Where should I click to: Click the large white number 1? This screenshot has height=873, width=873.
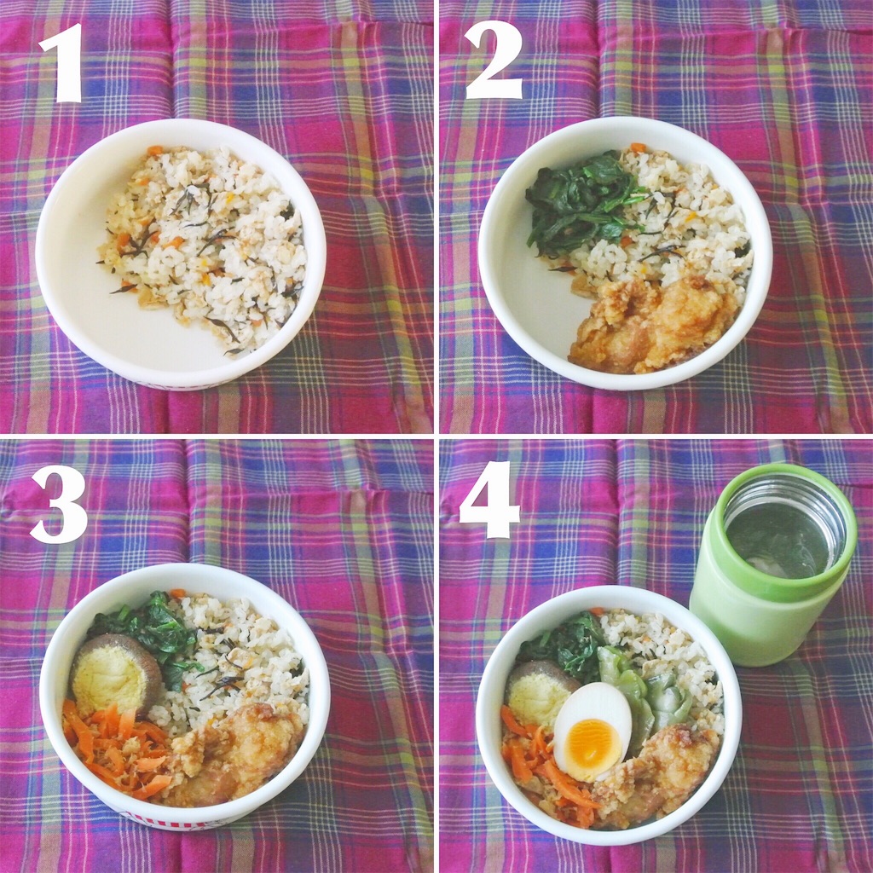point(64,62)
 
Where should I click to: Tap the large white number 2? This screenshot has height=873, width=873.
point(494,61)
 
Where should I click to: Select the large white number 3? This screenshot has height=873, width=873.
point(59,504)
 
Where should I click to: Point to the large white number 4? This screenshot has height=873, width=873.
point(489,500)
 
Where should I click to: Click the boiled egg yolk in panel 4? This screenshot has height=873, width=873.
point(594,742)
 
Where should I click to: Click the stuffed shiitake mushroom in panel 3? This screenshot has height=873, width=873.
point(115,675)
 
